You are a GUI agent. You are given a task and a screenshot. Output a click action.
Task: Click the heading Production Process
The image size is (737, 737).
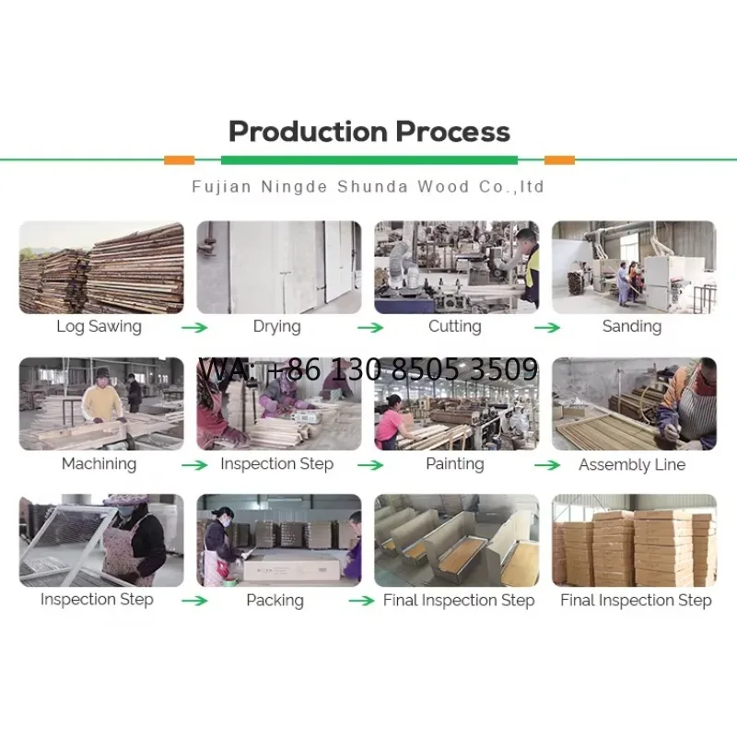coord(369,132)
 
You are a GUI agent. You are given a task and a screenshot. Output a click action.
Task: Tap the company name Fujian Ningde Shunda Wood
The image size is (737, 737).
coord(331,187)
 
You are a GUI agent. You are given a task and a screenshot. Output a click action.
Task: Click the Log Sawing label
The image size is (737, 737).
coord(99,326)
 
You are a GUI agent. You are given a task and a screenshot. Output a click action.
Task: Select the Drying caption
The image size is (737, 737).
coord(277,326)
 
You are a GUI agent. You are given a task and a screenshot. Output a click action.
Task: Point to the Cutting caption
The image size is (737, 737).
coord(455,326)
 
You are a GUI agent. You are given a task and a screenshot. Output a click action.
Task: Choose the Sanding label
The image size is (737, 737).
coord(632,326)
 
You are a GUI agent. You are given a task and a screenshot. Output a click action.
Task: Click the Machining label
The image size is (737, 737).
coord(99,464)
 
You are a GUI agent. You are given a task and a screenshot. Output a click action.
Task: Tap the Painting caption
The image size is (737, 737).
coord(455,464)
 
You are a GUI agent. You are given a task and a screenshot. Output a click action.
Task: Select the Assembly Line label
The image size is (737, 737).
coord(632,464)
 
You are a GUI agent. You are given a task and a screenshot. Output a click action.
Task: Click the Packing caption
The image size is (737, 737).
coord(275,601)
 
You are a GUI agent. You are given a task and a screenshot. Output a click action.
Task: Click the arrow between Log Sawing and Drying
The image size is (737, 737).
coord(194,328)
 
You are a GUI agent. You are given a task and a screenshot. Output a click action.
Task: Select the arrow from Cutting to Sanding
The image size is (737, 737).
coord(547,328)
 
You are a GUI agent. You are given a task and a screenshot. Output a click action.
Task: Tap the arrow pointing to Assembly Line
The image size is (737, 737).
coord(547,465)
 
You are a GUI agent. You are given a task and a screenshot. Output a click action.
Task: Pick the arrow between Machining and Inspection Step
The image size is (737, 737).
coord(194,465)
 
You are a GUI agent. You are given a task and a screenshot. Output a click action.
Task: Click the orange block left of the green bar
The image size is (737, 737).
coord(179,160)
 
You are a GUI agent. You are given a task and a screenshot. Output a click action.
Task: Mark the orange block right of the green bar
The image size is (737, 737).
coord(559,160)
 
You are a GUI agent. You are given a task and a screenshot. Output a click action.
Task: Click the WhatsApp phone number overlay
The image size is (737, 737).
coord(368,369)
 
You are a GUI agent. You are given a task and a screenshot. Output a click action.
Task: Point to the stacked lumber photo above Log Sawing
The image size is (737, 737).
coord(101,267)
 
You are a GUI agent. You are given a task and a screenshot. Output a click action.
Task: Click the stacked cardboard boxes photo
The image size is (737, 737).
coord(635,541)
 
